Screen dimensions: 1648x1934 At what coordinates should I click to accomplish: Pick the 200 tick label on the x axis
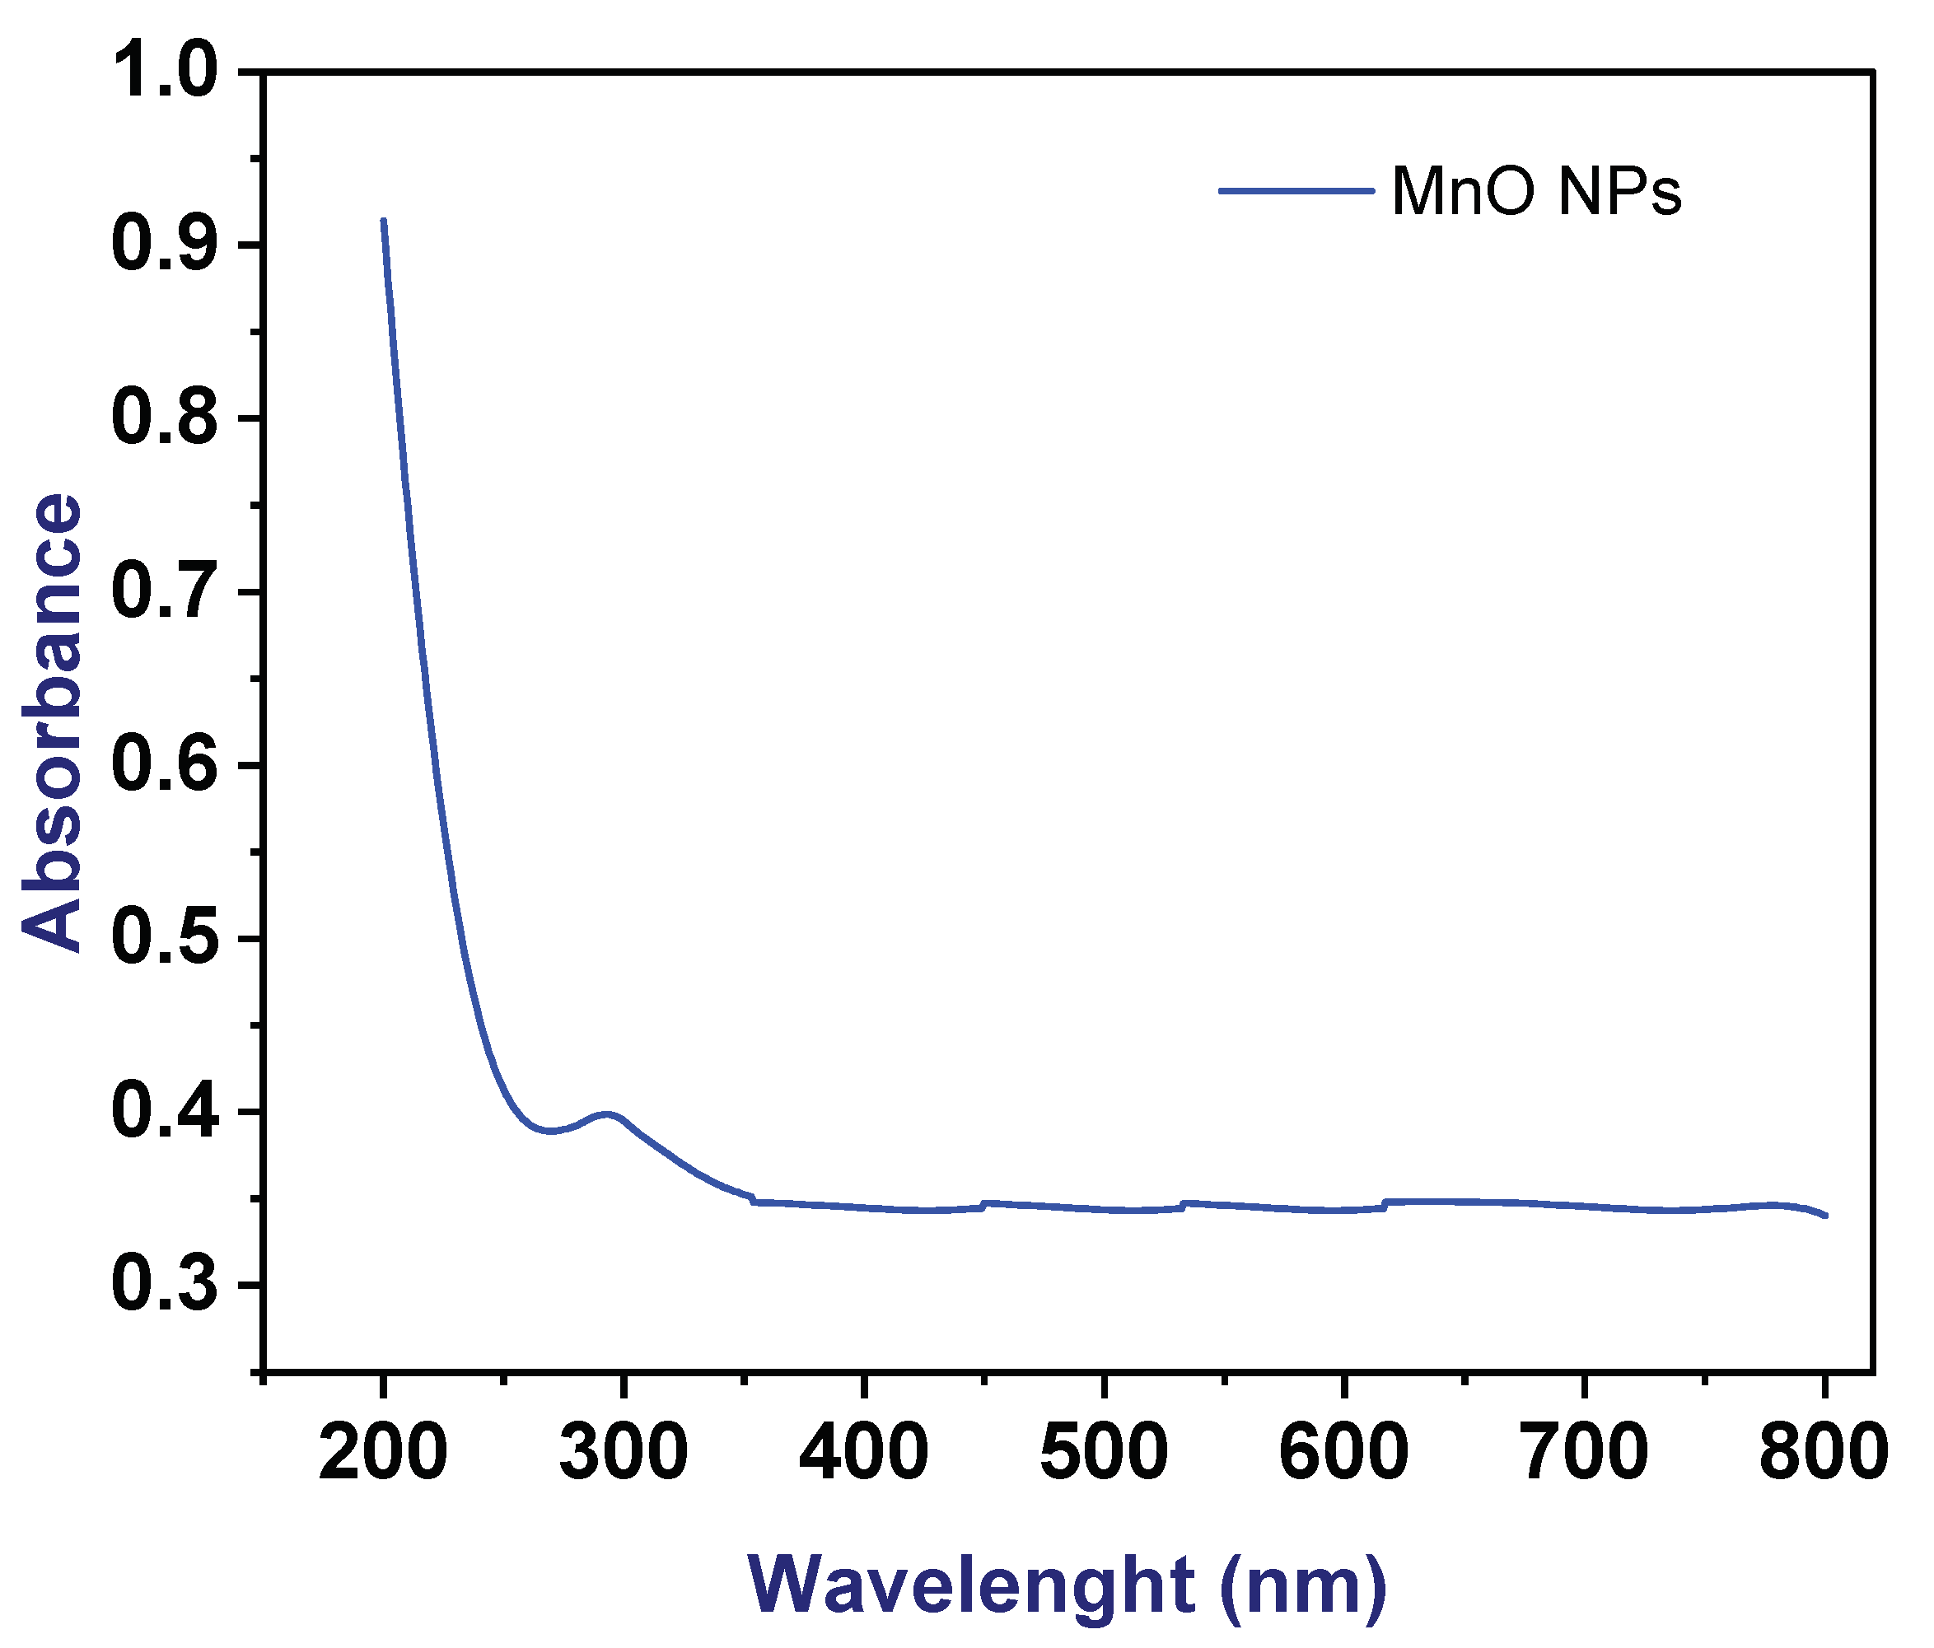tap(383, 1453)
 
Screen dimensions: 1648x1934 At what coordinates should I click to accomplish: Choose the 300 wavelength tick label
tap(623, 1453)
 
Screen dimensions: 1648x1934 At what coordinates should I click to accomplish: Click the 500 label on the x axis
tap(1103, 1453)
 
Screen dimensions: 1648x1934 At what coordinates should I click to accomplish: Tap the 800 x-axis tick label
tap(1823, 1453)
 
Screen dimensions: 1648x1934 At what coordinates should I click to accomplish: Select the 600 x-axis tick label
tap(1343, 1453)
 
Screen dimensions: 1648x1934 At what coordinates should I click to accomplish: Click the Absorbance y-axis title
tap(52, 723)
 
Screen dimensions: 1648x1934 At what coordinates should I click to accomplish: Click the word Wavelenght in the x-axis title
tap(971, 1585)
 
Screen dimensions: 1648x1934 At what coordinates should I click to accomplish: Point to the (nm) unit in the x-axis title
tap(1303, 1585)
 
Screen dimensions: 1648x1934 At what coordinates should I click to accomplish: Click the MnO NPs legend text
tap(1535, 192)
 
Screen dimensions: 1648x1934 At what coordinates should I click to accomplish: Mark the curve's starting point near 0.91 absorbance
tap(384, 222)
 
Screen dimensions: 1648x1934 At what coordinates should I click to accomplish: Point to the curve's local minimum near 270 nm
tap(551, 1131)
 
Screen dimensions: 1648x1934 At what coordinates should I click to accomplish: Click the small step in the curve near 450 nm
tap(983, 1206)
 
